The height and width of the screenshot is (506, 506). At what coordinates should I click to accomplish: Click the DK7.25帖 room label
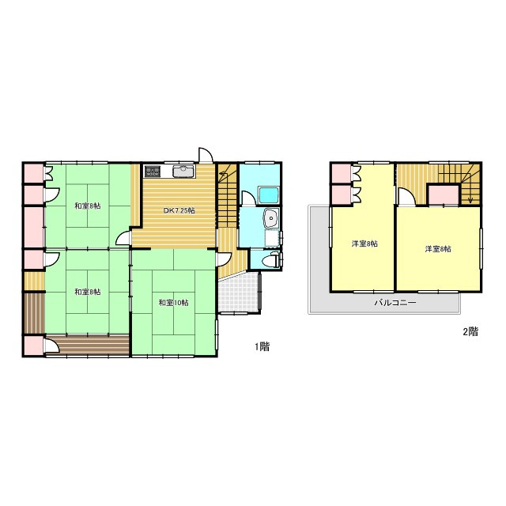tap(179, 211)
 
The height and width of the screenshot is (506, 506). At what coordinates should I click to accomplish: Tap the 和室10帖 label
tap(174, 303)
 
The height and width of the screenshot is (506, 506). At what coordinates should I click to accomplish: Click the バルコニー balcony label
tap(395, 303)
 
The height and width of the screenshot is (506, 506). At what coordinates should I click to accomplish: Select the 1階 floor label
tap(262, 347)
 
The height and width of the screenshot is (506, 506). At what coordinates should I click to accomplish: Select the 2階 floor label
tap(470, 331)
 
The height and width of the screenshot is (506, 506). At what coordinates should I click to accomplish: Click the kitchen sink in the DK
tap(183, 171)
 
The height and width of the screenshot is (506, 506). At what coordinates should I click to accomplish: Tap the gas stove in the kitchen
tap(153, 171)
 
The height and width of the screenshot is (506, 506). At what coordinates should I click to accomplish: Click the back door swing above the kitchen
tap(206, 155)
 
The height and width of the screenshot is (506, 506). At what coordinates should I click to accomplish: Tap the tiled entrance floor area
tap(239, 293)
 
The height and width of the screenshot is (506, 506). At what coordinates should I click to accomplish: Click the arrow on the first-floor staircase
tap(223, 174)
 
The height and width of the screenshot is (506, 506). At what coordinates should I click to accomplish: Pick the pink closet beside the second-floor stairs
tap(443, 194)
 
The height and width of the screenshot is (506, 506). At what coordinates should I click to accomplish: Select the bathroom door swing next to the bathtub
tap(247, 198)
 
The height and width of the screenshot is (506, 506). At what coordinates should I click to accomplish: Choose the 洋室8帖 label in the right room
tap(438, 249)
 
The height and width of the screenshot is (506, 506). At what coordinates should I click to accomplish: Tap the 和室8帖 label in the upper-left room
tap(88, 206)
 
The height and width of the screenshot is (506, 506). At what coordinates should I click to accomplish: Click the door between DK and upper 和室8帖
tap(123, 239)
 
